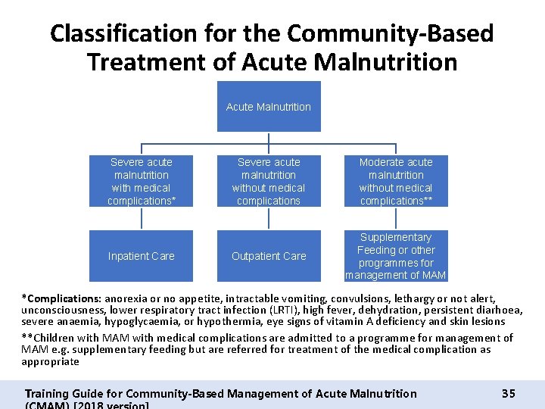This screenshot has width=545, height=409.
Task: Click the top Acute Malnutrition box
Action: [268, 107]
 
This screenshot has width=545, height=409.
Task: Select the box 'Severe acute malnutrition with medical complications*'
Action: [141, 181]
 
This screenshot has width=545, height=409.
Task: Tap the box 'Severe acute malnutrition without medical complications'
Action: [268, 181]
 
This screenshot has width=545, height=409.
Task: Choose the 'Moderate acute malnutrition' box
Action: [395, 181]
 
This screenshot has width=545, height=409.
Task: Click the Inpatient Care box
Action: [141, 256]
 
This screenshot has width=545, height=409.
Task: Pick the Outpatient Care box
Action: [268, 256]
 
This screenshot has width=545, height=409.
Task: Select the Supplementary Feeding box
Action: [395, 256]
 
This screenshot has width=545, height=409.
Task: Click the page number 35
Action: [508, 393]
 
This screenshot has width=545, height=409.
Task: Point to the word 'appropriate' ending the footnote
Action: [50, 361]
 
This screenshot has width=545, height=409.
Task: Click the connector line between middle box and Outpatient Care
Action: [269, 219]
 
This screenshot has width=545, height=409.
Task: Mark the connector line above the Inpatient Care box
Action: [142, 219]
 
